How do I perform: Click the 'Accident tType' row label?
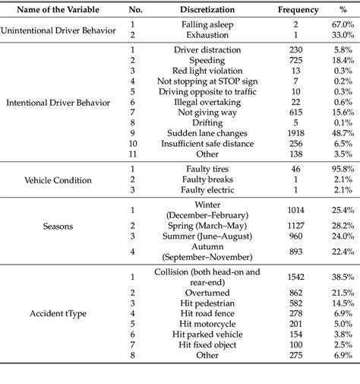pyautogui.click(x=56, y=334)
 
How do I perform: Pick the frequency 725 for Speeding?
pyautogui.click(x=278, y=59)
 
